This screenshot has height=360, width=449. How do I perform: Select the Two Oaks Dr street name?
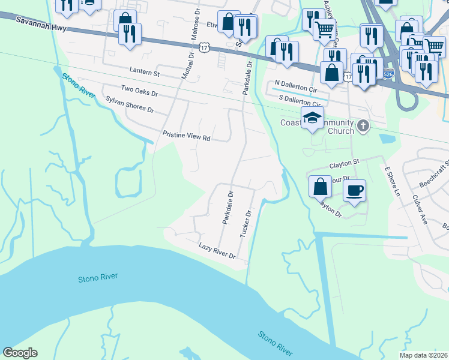(x=139, y=91)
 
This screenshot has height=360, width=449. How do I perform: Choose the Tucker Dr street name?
(x=245, y=223)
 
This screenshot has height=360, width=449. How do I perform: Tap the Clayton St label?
(x=343, y=163)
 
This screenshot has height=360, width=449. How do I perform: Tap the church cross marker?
(x=362, y=126)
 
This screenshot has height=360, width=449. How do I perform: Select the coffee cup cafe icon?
(x=354, y=190)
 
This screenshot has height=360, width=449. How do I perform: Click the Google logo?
(x=20, y=353)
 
